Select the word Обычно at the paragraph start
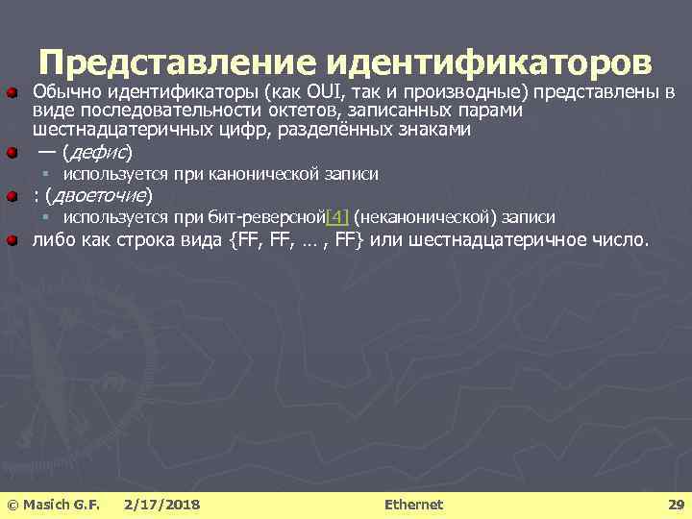point(67,93)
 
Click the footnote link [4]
point(338,218)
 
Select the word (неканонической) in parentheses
point(427,218)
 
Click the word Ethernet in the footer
point(413,505)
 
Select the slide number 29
point(676,505)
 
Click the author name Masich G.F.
point(60,505)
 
